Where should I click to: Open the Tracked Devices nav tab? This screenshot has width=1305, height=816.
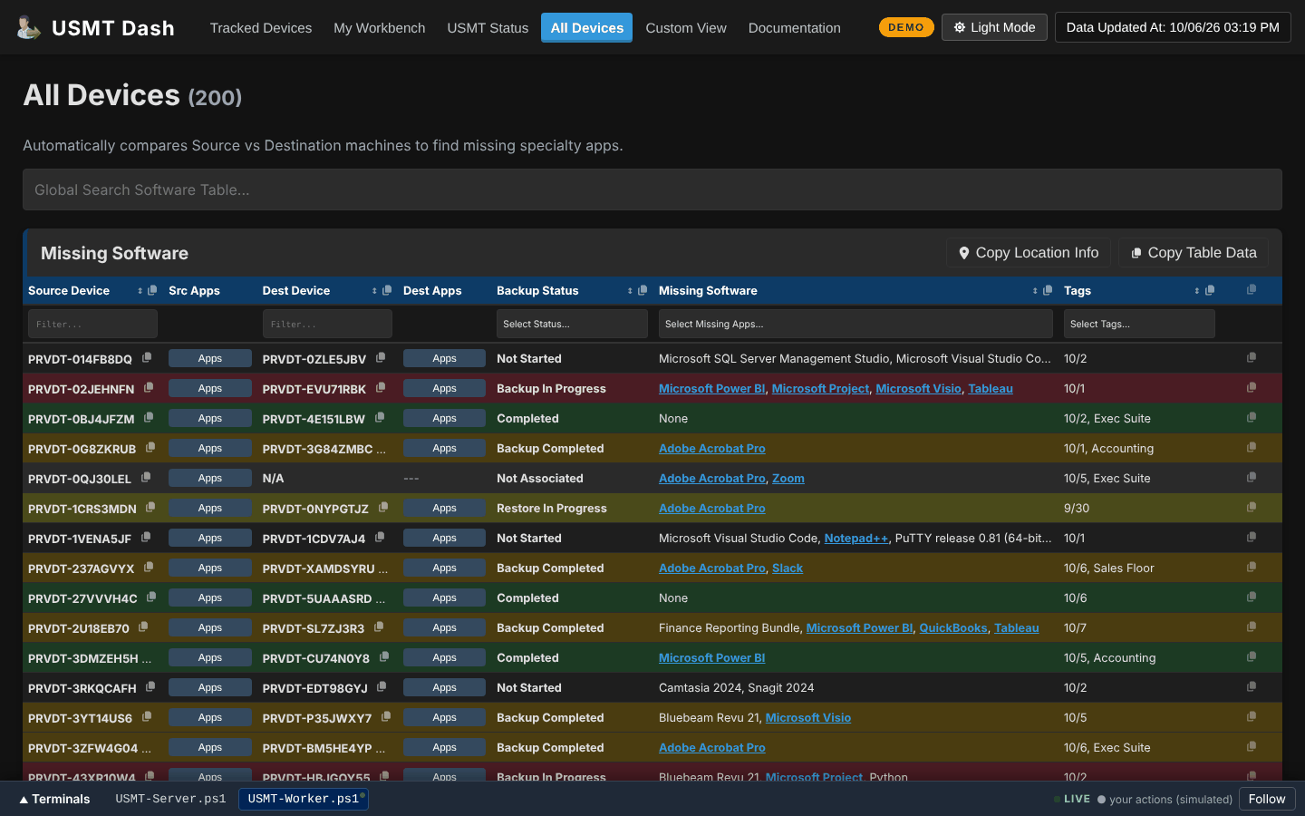(x=260, y=28)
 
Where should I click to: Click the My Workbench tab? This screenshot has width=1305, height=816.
(x=379, y=28)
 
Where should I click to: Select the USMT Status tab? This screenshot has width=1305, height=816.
(x=488, y=28)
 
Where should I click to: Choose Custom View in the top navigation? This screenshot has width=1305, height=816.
(x=686, y=28)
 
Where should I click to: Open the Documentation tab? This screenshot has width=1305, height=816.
(x=794, y=28)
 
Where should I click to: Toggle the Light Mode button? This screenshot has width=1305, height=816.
(x=994, y=27)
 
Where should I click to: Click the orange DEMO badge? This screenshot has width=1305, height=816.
(x=906, y=27)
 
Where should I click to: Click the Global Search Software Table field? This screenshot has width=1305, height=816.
(x=652, y=189)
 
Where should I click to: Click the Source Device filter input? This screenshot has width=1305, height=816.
(x=92, y=324)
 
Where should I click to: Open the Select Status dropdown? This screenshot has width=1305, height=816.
(x=572, y=324)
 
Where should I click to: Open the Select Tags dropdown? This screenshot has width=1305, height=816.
(x=1139, y=324)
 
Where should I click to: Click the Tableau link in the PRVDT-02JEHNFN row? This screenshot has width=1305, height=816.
(x=990, y=389)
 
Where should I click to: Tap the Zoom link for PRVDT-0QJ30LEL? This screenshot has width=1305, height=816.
(x=788, y=479)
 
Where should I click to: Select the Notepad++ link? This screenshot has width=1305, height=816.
(x=855, y=539)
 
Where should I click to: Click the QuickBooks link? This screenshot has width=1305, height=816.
(x=952, y=628)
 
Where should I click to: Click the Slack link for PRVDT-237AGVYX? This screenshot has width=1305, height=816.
(x=787, y=568)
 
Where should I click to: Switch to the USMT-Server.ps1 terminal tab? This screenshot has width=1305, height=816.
(x=170, y=799)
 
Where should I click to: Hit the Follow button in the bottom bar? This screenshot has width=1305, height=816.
(x=1267, y=799)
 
